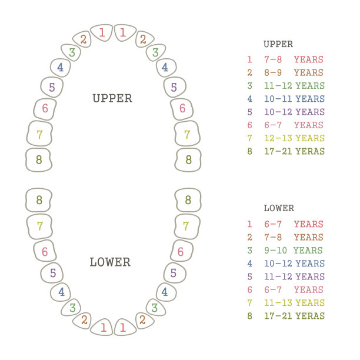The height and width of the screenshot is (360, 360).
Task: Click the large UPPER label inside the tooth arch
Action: (112, 98)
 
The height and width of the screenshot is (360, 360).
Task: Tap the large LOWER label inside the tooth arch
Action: (110, 262)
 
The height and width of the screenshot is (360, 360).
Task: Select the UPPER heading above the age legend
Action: (278, 44)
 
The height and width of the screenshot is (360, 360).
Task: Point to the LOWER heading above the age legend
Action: (279, 208)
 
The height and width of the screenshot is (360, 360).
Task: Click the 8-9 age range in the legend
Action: (273, 73)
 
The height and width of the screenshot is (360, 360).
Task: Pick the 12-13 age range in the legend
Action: (278, 138)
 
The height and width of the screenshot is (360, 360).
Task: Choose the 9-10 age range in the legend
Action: (275, 250)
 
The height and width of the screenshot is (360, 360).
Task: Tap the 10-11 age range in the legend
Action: (278, 99)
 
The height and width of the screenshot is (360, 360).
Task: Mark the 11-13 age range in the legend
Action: (278, 303)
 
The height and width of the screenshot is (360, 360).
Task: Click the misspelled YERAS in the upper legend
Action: (310, 151)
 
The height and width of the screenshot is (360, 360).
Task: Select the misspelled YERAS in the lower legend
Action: (310, 316)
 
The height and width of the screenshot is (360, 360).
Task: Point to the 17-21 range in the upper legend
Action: (278, 151)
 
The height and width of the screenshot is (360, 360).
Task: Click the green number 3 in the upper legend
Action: (250, 86)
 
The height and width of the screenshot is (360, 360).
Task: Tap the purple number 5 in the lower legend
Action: (250, 276)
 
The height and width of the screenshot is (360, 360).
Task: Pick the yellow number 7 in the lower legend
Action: (250, 303)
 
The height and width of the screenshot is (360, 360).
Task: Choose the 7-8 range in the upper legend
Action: (273, 59)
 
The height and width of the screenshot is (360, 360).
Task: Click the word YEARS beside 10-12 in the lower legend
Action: (310, 264)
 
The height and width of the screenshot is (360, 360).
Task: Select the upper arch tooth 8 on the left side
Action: (39, 160)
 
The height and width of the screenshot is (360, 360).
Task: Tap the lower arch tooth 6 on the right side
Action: (182, 251)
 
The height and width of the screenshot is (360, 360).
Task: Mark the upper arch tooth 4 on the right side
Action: (166, 68)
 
